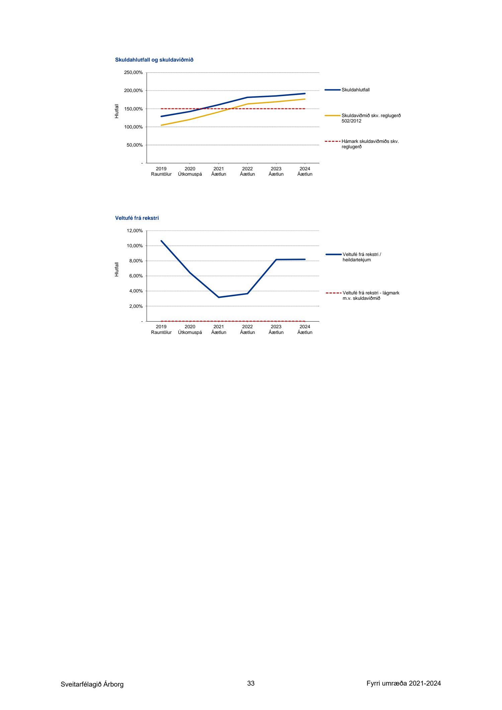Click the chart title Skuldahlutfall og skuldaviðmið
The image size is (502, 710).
tap(154, 60)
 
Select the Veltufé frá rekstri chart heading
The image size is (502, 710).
tap(137, 218)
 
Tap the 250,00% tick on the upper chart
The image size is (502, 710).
tap(133, 73)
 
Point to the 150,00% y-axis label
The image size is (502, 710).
tap(133, 109)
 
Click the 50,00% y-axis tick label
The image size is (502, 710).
tap(135, 145)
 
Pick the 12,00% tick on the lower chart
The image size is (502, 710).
tap(135, 231)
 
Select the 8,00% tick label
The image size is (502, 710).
tap(136, 261)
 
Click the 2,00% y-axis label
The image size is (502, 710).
tap(136, 306)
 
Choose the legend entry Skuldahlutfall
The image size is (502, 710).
tap(355, 90)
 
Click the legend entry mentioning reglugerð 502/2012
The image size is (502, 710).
tap(371, 118)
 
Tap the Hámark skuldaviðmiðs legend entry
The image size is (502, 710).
tap(370, 144)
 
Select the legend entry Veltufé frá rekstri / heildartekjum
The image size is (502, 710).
tap(361, 257)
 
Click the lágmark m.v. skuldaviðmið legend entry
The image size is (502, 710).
tap(370, 295)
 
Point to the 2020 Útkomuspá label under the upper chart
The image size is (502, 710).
tap(190, 171)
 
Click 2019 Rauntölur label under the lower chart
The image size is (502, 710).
tap(161, 330)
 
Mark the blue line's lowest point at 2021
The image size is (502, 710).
tap(219, 297)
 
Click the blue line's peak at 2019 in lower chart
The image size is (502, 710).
tap(161, 241)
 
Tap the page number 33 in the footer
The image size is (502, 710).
tap(251, 683)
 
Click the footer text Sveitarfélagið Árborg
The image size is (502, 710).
tap(92, 684)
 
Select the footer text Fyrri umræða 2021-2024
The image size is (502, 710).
tap(404, 683)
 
